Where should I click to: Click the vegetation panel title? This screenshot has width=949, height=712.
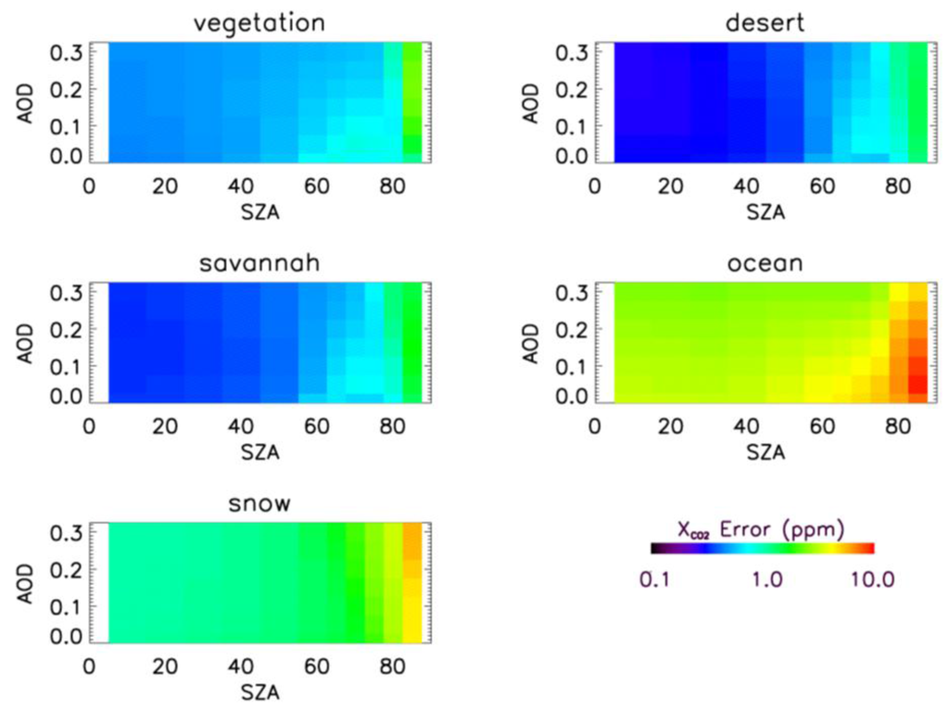(x=259, y=22)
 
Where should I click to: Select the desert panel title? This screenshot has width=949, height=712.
(x=766, y=22)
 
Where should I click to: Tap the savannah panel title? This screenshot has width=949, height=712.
(x=259, y=263)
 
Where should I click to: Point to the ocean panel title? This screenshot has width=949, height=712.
(x=766, y=263)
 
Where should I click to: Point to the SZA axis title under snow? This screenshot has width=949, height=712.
(x=260, y=692)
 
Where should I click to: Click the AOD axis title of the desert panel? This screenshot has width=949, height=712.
(x=540, y=102)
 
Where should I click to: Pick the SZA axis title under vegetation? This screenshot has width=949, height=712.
(x=260, y=210)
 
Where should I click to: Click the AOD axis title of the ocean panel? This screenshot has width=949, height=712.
(x=540, y=343)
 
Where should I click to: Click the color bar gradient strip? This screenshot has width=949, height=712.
(x=762, y=548)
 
